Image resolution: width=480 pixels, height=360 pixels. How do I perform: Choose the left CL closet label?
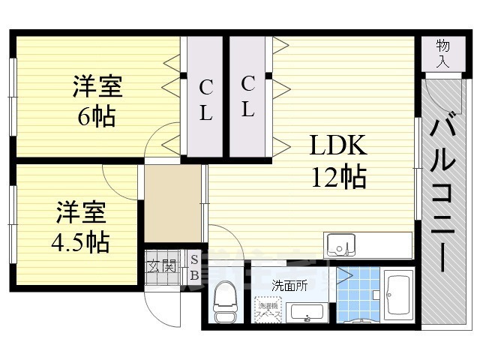[205, 101]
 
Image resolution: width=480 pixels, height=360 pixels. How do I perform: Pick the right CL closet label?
[248, 95]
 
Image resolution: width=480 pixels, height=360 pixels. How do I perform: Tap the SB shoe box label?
[194, 267]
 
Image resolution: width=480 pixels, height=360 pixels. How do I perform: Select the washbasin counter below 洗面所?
[306, 313]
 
